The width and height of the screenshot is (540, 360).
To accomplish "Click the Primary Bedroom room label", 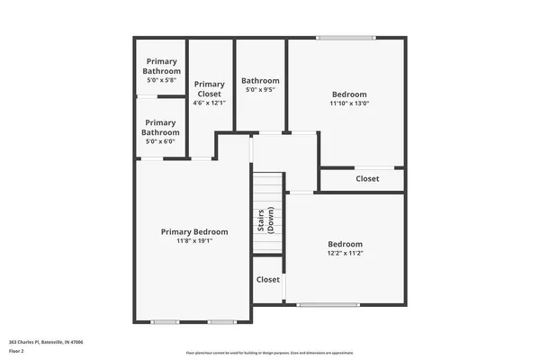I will [193, 231].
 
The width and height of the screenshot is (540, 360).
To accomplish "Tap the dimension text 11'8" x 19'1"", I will [193, 241].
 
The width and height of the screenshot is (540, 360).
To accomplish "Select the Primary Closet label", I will [209, 88].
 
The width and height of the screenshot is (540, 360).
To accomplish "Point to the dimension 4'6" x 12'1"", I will [209, 103].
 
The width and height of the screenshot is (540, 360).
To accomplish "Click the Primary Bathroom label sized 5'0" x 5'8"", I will [162, 66].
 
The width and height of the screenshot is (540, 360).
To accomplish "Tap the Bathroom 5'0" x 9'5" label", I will [260, 80].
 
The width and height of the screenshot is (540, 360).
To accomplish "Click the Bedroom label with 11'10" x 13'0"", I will [349, 94].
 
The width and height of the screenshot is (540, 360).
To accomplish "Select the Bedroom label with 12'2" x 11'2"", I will [345, 244].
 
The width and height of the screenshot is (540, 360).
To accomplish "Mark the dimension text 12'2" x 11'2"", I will [345, 254].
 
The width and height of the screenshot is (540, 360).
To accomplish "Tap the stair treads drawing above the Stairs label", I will [267, 190].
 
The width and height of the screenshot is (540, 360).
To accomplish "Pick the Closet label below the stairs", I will [268, 280].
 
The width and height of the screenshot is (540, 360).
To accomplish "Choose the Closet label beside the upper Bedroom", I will [367, 179].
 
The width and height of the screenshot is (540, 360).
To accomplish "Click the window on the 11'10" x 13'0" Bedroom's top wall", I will [346, 38].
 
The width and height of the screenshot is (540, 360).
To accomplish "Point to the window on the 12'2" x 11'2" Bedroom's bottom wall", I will [328, 305].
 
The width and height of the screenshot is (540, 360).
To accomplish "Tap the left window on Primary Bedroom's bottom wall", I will [165, 322].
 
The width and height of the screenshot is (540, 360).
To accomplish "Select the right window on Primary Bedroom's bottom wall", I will [221, 322].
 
